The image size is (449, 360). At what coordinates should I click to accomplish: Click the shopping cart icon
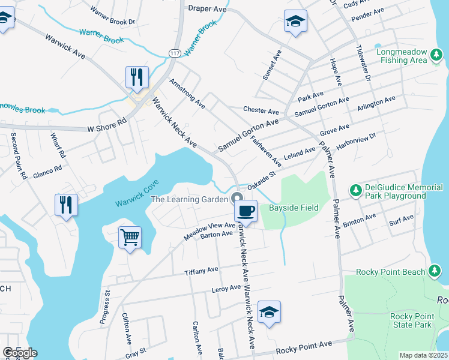pos(130,238)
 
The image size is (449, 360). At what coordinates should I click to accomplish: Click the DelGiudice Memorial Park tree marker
pos(355,190)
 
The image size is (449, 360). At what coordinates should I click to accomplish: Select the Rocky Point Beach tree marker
pos(435,271)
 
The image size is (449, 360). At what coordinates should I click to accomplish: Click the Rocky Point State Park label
pos(411,320)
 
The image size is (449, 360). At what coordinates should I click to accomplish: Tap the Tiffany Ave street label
pos(201,271)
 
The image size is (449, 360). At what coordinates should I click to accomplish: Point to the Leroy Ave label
pos(227,289)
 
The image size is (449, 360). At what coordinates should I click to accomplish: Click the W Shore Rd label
pos(107,128)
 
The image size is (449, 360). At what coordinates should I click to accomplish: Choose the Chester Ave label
pos(261,111)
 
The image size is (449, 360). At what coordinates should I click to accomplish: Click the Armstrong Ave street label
pos(187,93)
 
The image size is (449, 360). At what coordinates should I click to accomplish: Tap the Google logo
pos(20,353)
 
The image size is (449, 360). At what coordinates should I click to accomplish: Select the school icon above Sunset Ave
pos(295,22)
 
